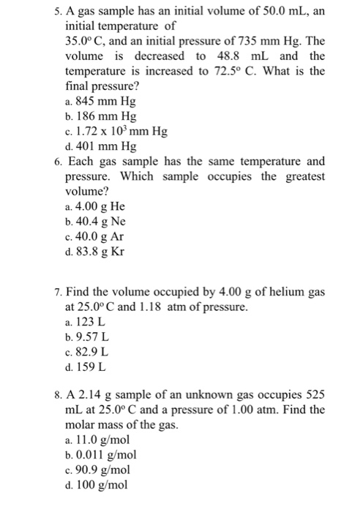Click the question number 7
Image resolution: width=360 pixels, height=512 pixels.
point(58,293)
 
